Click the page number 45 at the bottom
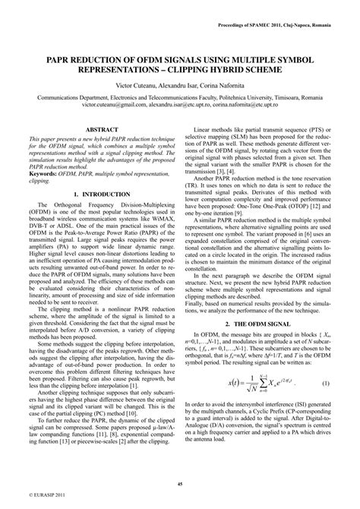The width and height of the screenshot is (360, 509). pos(180,483)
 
